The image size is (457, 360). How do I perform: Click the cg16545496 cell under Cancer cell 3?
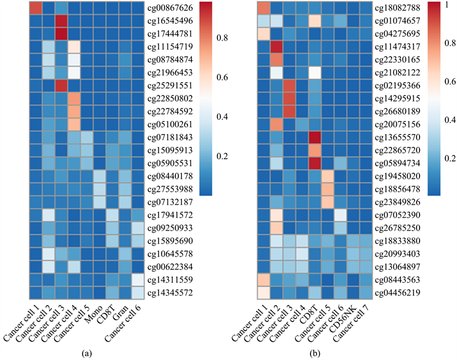tap(60, 21)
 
